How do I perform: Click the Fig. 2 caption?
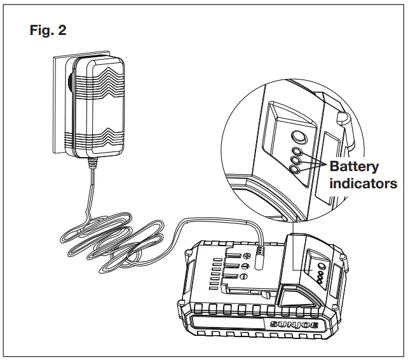click(x=48, y=30)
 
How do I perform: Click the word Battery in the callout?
click(x=353, y=167)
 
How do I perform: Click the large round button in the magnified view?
click(x=297, y=135)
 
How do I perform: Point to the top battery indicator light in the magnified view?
click(x=296, y=151)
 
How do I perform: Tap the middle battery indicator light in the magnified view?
click(x=296, y=160)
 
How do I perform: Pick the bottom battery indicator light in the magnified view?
click(x=295, y=169)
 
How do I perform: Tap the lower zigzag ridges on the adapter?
click(x=95, y=136)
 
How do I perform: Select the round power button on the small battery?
click(x=321, y=268)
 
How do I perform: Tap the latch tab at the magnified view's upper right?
click(x=343, y=119)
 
